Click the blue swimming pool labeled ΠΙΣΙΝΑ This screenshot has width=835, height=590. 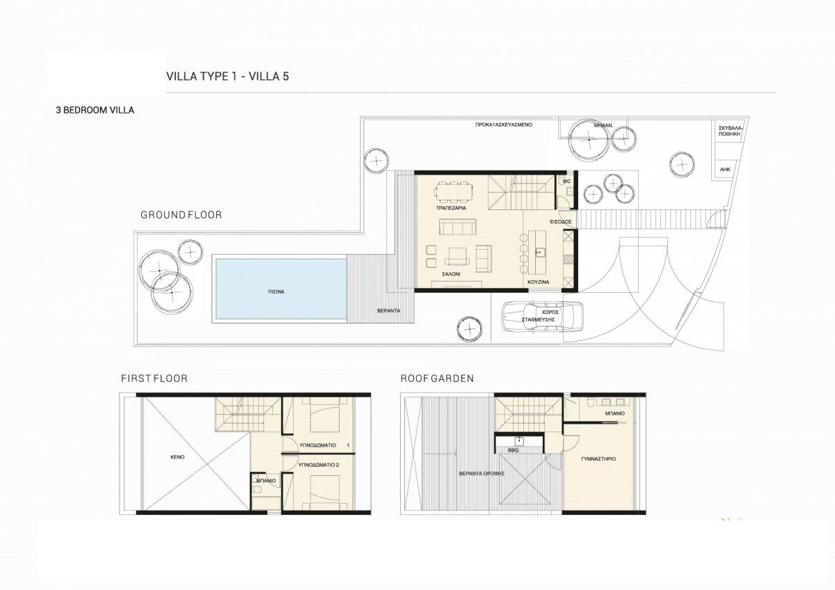coord(281,289)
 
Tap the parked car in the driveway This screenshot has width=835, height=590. coord(542,316)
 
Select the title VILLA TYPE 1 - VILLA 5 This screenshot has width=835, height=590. coord(228,77)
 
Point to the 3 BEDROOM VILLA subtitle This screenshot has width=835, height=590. coord(95,111)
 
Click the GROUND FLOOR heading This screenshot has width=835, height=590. coord(181,215)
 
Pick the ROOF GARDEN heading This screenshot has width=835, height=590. coord(437,378)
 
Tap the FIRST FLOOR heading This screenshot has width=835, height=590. coord(154,378)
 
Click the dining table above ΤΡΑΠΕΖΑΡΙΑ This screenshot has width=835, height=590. coord(453,191)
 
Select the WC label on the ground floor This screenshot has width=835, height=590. coord(566,182)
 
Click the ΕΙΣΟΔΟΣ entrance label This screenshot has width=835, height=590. coord(561,221)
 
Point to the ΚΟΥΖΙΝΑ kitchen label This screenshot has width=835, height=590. coord(539,282)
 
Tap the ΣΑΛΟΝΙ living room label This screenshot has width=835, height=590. coord(451,274)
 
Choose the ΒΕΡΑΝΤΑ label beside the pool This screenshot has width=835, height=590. coord(389,310)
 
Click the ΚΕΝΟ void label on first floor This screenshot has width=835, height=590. coord(177,457)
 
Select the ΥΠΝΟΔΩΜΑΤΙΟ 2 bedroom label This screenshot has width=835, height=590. coord(319,465)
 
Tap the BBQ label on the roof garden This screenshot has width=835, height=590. coord(513,450)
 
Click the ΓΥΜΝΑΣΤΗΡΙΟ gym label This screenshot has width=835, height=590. coord(598,459)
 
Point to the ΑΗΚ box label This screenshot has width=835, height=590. coord(725,169)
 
